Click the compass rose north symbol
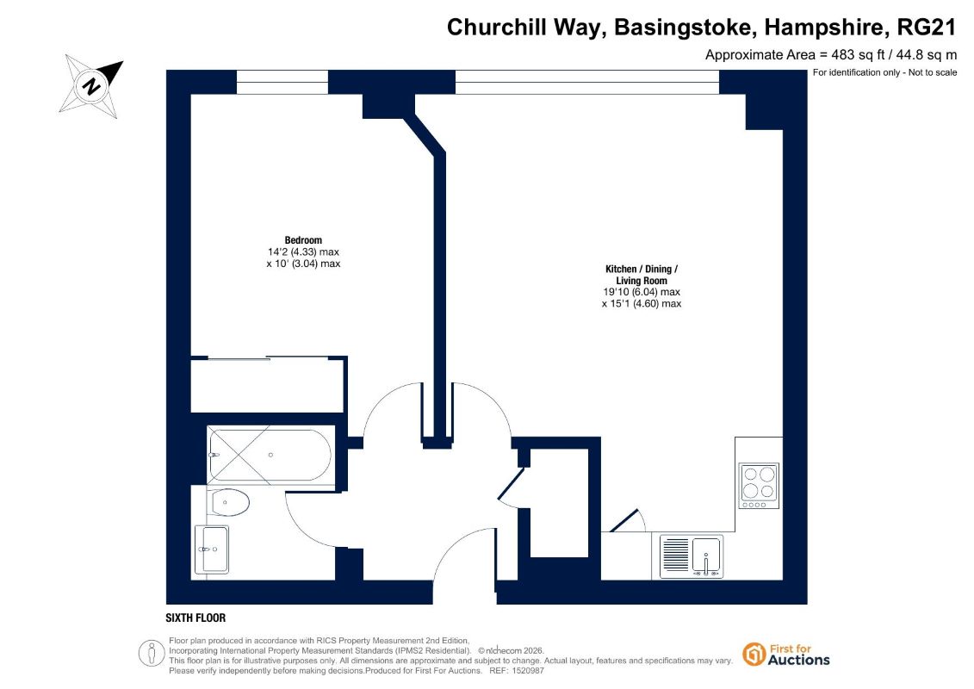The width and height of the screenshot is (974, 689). coord(91,86)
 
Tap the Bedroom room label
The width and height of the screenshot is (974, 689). coord(303,239)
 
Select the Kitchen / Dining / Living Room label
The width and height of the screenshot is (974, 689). coord(642,275)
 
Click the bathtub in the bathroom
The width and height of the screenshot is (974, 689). coord(270,455)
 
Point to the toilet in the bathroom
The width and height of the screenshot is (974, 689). coord(230,502)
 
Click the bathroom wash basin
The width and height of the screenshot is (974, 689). coord(212,549)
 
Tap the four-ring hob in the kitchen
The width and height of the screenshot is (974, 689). coord(759,485)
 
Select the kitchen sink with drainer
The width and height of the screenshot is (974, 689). coord(692,556)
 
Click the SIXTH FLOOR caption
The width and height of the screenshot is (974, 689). coord(195,618)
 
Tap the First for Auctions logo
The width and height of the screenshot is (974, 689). coord(786,655)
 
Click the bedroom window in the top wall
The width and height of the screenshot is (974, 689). coord(282,82)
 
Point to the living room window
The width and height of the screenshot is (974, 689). coord(587,82)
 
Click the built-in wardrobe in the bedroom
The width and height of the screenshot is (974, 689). coord(267,385)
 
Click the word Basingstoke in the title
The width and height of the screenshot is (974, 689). coord(683,28)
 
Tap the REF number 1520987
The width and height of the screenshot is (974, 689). coord(525,671)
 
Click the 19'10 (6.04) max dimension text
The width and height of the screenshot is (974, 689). coord(642,292)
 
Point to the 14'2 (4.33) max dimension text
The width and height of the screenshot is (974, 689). coord(303,251)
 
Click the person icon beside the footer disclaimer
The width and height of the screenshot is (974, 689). coord(152,654)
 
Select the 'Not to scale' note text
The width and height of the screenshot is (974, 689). coord(933,72)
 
